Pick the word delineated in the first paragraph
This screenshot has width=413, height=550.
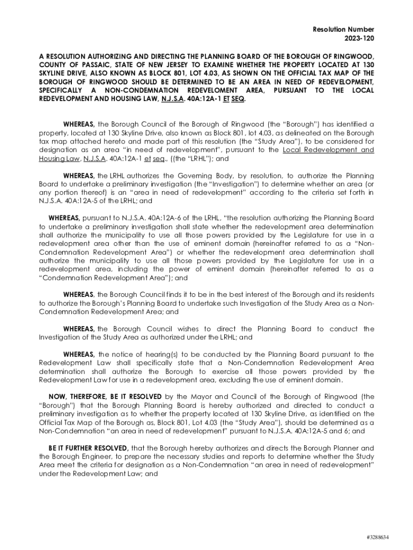pos(276,133)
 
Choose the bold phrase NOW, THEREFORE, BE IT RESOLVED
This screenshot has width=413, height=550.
pos(105,396)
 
